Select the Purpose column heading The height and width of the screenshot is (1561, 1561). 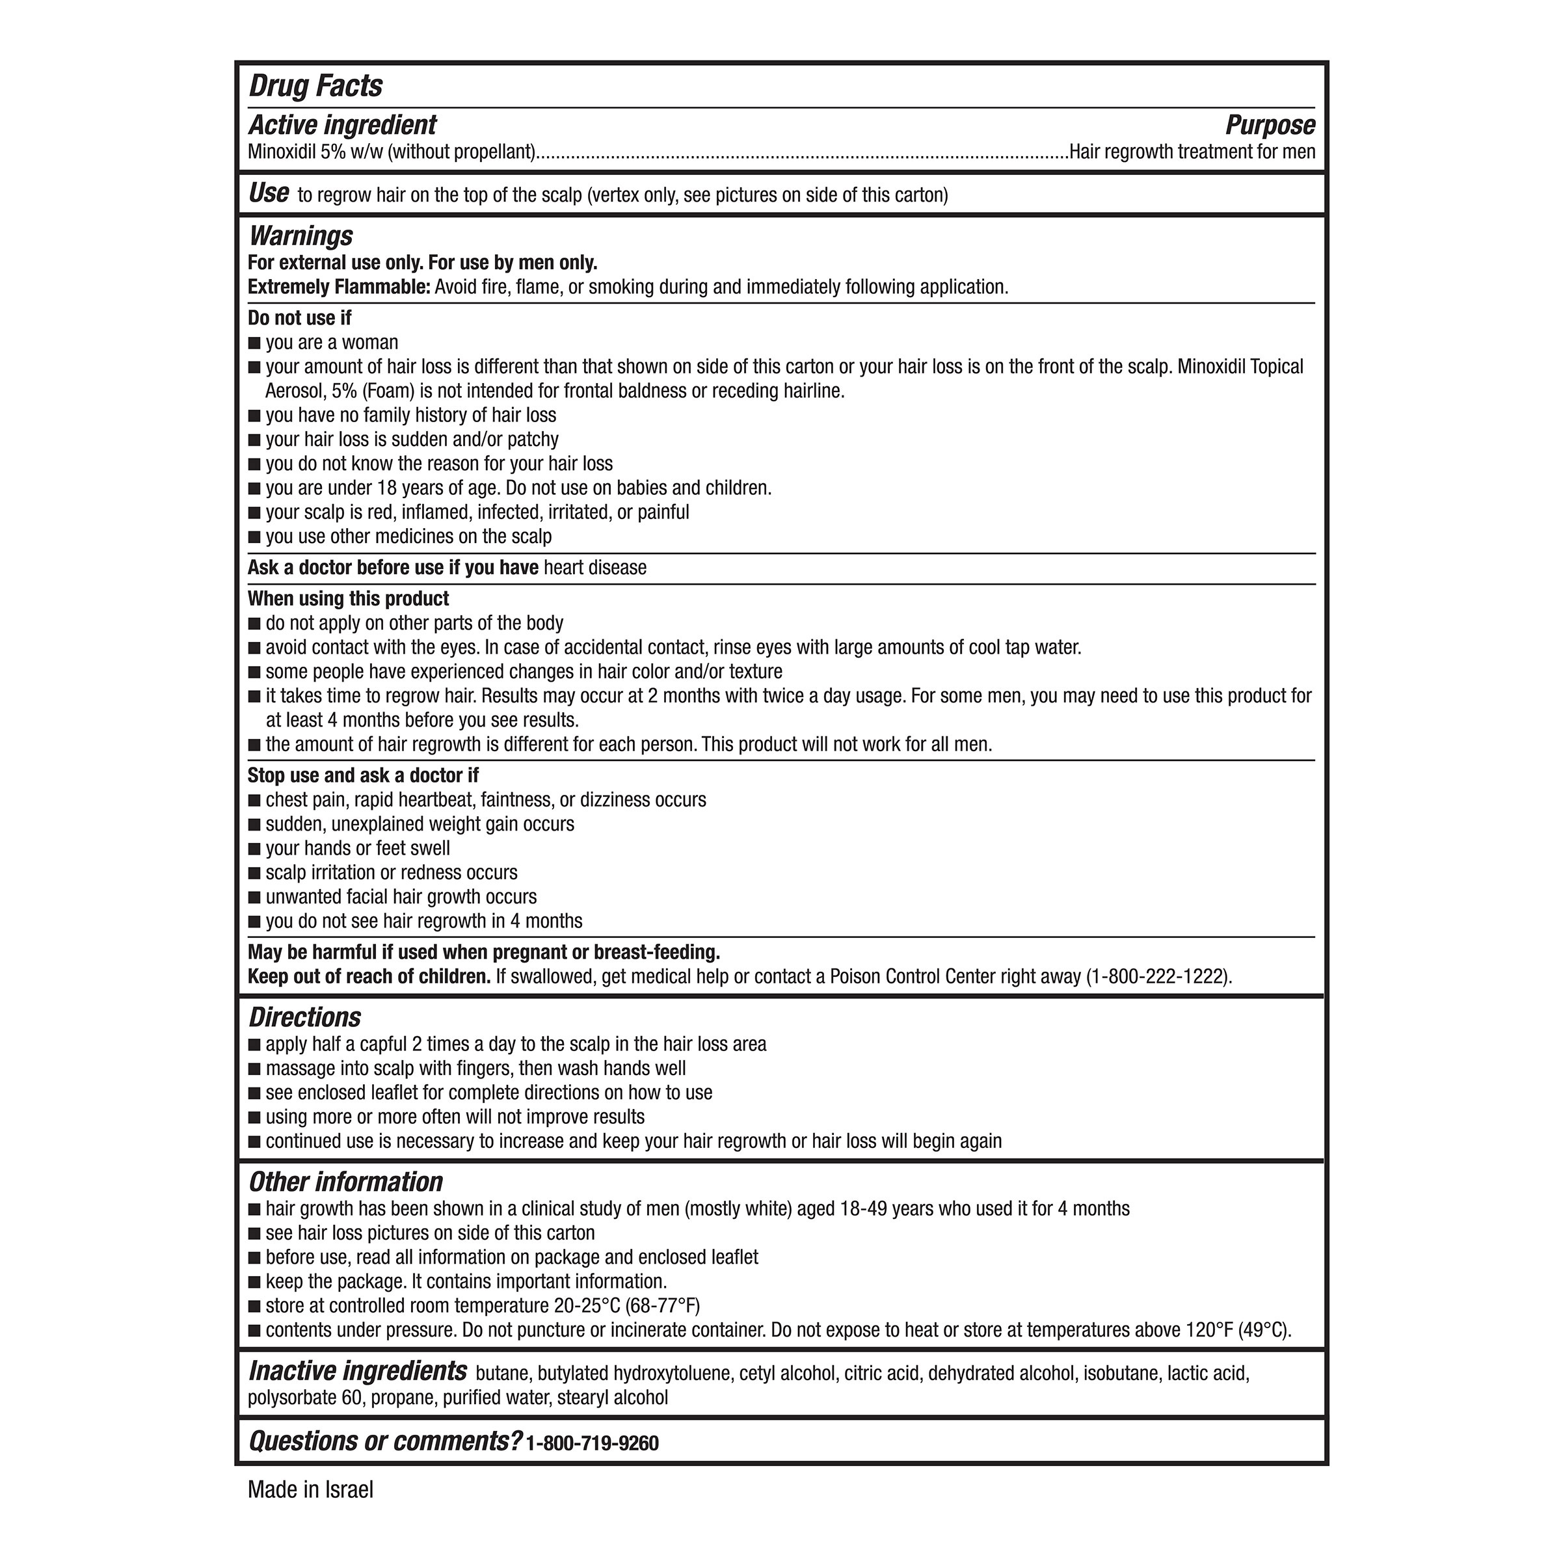click(x=1270, y=126)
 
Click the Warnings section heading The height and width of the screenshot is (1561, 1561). click(x=300, y=236)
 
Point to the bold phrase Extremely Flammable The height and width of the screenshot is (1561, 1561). click(x=338, y=287)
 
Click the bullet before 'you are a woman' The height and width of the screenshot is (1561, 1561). click(x=254, y=343)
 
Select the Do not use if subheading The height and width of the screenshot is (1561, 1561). click(x=300, y=318)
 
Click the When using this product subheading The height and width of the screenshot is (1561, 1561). click(x=348, y=598)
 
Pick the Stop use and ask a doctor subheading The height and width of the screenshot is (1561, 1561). click(x=363, y=776)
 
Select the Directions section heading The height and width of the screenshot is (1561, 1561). click(x=304, y=1017)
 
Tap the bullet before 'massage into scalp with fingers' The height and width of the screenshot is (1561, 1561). click(x=254, y=1069)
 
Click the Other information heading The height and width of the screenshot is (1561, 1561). click(x=346, y=1182)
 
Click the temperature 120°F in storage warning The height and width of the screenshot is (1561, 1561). click(x=1208, y=1330)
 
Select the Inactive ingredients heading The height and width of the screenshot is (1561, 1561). click(x=357, y=1371)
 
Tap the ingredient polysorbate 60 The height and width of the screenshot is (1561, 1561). click(x=306, y=1398)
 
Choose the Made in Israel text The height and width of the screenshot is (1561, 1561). click(x=310, y=1490)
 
